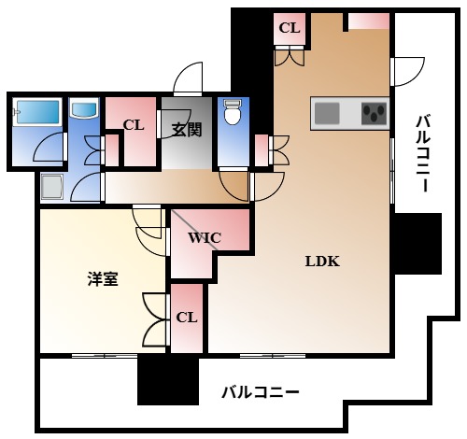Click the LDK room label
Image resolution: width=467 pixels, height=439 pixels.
[322, 262]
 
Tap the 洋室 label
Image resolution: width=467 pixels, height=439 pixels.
[103, 278]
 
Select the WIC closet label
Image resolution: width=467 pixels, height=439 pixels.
[204, 237]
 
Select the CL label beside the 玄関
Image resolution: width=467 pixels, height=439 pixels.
[133, 124]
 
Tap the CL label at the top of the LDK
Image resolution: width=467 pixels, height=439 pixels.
[290, 28]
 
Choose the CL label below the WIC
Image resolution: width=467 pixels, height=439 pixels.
[187, 317]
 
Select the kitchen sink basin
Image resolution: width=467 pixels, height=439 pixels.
[328, 114]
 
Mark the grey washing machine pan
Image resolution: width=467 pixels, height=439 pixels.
[53, 188]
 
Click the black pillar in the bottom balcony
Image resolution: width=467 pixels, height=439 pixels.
[168, 381]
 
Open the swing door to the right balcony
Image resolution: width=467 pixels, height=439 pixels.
[408, 71]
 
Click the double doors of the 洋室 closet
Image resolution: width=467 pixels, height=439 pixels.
[152, 320]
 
